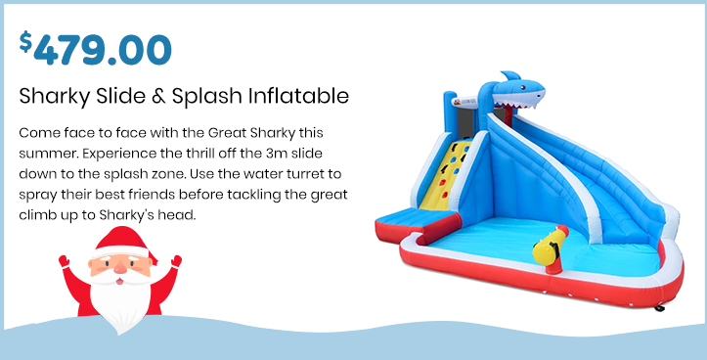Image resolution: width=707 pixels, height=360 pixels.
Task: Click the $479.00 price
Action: tap(95, 48)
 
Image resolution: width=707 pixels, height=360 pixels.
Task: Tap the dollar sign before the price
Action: tap(25, 41)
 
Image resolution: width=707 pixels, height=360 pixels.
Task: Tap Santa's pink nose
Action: tap(120, 268)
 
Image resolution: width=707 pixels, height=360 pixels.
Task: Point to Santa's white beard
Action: tap(119, 300)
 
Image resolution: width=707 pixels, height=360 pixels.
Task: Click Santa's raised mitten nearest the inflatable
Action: tap(176, 261)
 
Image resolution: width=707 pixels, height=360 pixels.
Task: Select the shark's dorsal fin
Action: tap(511, 75)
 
